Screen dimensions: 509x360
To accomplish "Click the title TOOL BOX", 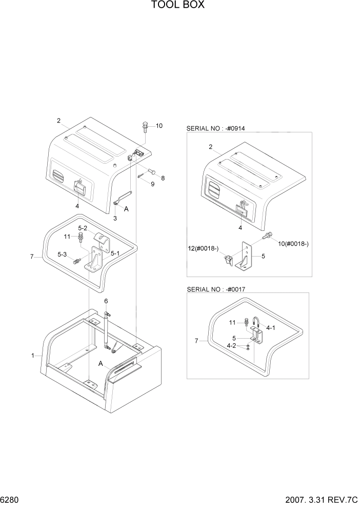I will (x=178, y=6).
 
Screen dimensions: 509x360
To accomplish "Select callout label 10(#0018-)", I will (x=292, y=244).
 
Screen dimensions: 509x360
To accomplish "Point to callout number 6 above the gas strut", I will (x=106, y=301).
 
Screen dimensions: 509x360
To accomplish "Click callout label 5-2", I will (x=83, y=228).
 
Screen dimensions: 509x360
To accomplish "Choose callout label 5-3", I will (x=62, y=254).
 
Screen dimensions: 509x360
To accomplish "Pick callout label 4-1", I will (x=269, y=327).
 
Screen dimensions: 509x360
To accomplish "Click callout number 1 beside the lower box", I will (x=33, y=355).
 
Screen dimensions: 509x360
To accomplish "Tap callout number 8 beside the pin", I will (x=163, y=178).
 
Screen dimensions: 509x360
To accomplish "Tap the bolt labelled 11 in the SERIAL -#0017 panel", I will (x=247, y=323).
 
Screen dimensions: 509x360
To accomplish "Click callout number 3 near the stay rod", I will (x=115, y=218).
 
